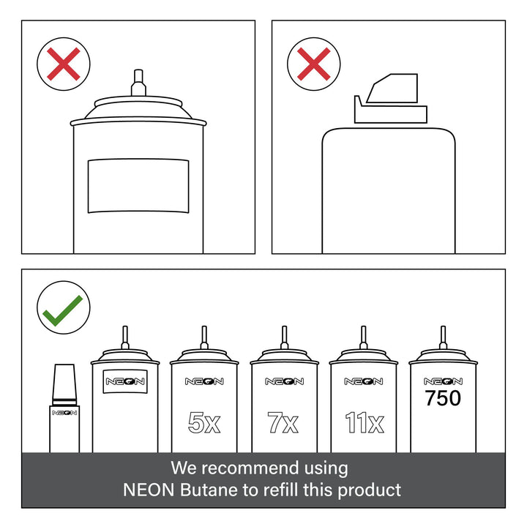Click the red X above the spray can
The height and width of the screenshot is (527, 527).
coord(64,64)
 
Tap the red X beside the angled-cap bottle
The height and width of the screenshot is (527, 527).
coord(313,64)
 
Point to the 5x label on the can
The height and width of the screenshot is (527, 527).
coord(204,422)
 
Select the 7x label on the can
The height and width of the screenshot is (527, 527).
coord(283,422)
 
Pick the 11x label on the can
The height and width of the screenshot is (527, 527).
coord(365,422)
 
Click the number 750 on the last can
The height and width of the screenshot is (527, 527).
coord(443,398)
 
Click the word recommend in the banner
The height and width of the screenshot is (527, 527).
coord(250,468)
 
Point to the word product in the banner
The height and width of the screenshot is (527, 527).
coord(369,490)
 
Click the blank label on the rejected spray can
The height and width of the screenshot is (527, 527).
coord(138,186)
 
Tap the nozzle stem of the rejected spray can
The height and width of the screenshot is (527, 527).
coord(138,83)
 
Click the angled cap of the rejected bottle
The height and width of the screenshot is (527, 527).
coord(391,98)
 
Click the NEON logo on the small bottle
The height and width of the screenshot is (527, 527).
coord(64,413)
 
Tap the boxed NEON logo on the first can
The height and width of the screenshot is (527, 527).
coord(125,381)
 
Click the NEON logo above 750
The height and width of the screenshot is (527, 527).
coord(443,381)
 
